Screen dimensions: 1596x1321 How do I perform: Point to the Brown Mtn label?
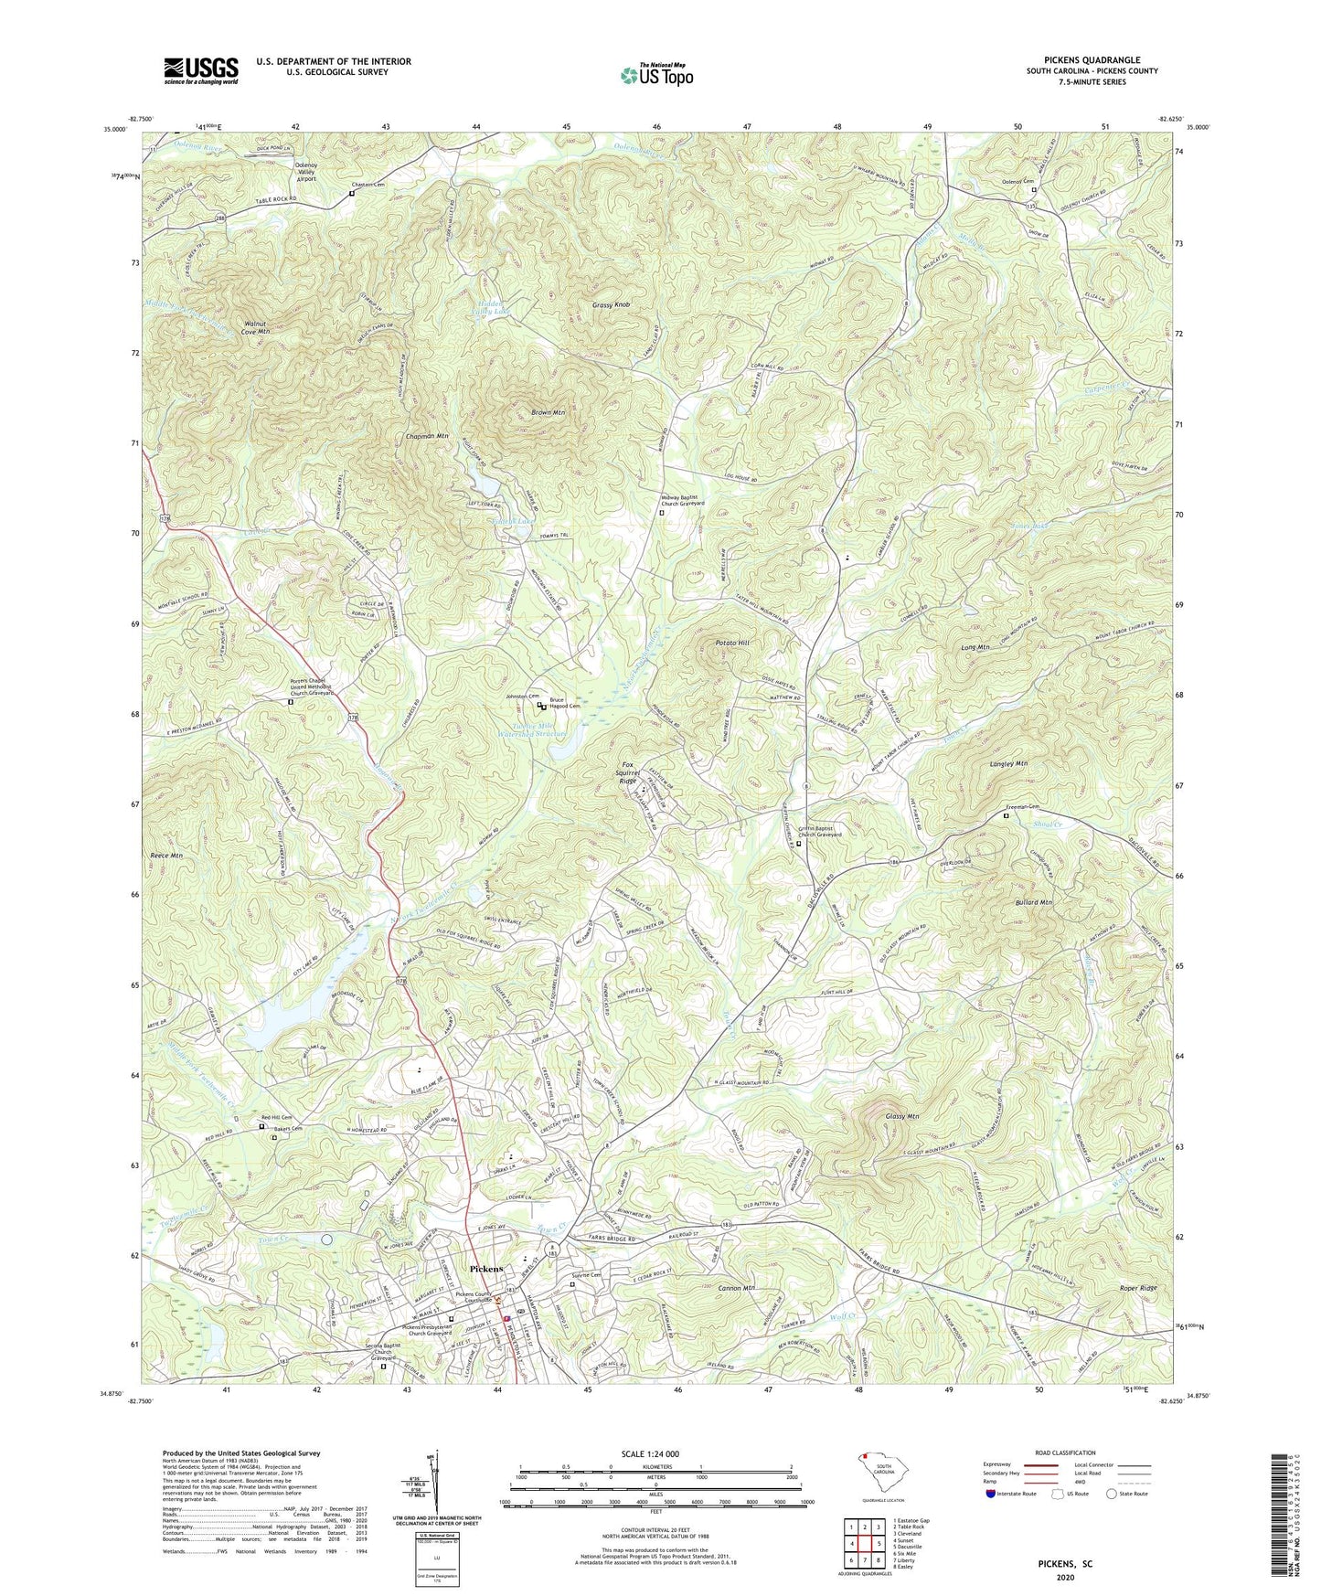(548, 413)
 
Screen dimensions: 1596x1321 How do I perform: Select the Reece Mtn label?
(165, 856)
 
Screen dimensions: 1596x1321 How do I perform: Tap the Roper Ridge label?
(1137, 1288)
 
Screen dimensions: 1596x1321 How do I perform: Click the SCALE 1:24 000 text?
(650, 1453)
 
